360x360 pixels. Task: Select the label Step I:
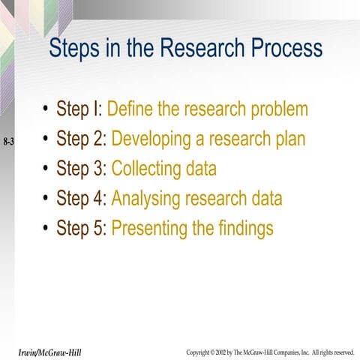(79, 109)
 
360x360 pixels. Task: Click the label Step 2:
(82, 139)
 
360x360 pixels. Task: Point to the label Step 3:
(82, 169)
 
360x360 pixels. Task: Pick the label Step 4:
(82, 199)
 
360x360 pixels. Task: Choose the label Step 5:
(82, 228)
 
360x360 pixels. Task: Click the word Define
(133, 109)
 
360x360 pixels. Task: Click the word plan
(289, 140)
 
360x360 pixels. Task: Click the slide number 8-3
(9, 141)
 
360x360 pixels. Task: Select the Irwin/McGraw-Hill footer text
(52, 352)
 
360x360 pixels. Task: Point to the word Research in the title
(196, 49)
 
